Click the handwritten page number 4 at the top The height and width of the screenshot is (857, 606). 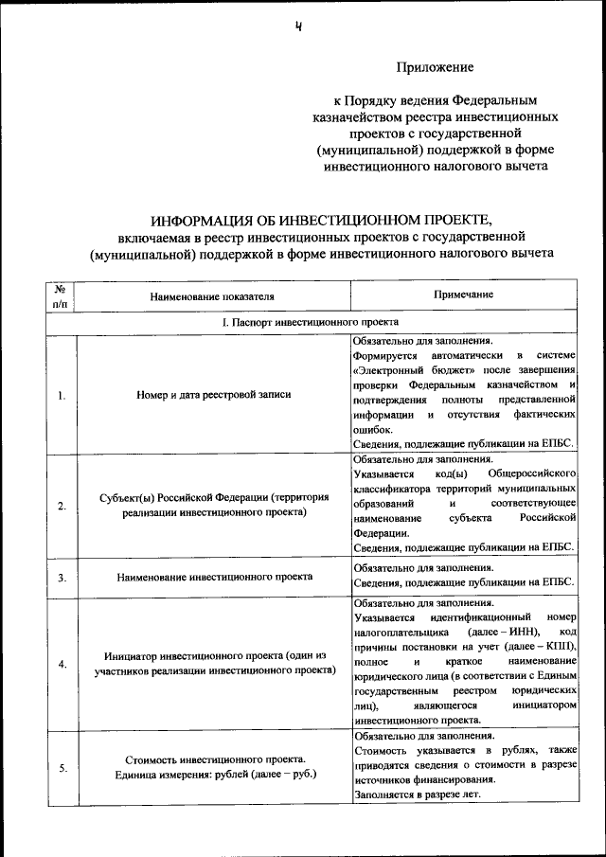tap(298, 27)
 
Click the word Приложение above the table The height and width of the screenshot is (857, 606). tap(433, 67)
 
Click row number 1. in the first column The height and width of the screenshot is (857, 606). tap(61, 395)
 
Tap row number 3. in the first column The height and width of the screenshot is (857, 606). tap(61, 576)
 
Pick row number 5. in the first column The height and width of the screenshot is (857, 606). tap(61, 768)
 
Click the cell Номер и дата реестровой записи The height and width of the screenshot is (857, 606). tap(213, 395)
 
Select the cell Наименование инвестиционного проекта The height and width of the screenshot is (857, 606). tap(215, 576)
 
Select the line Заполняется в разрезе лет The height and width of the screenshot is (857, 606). tap(419, 795)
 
